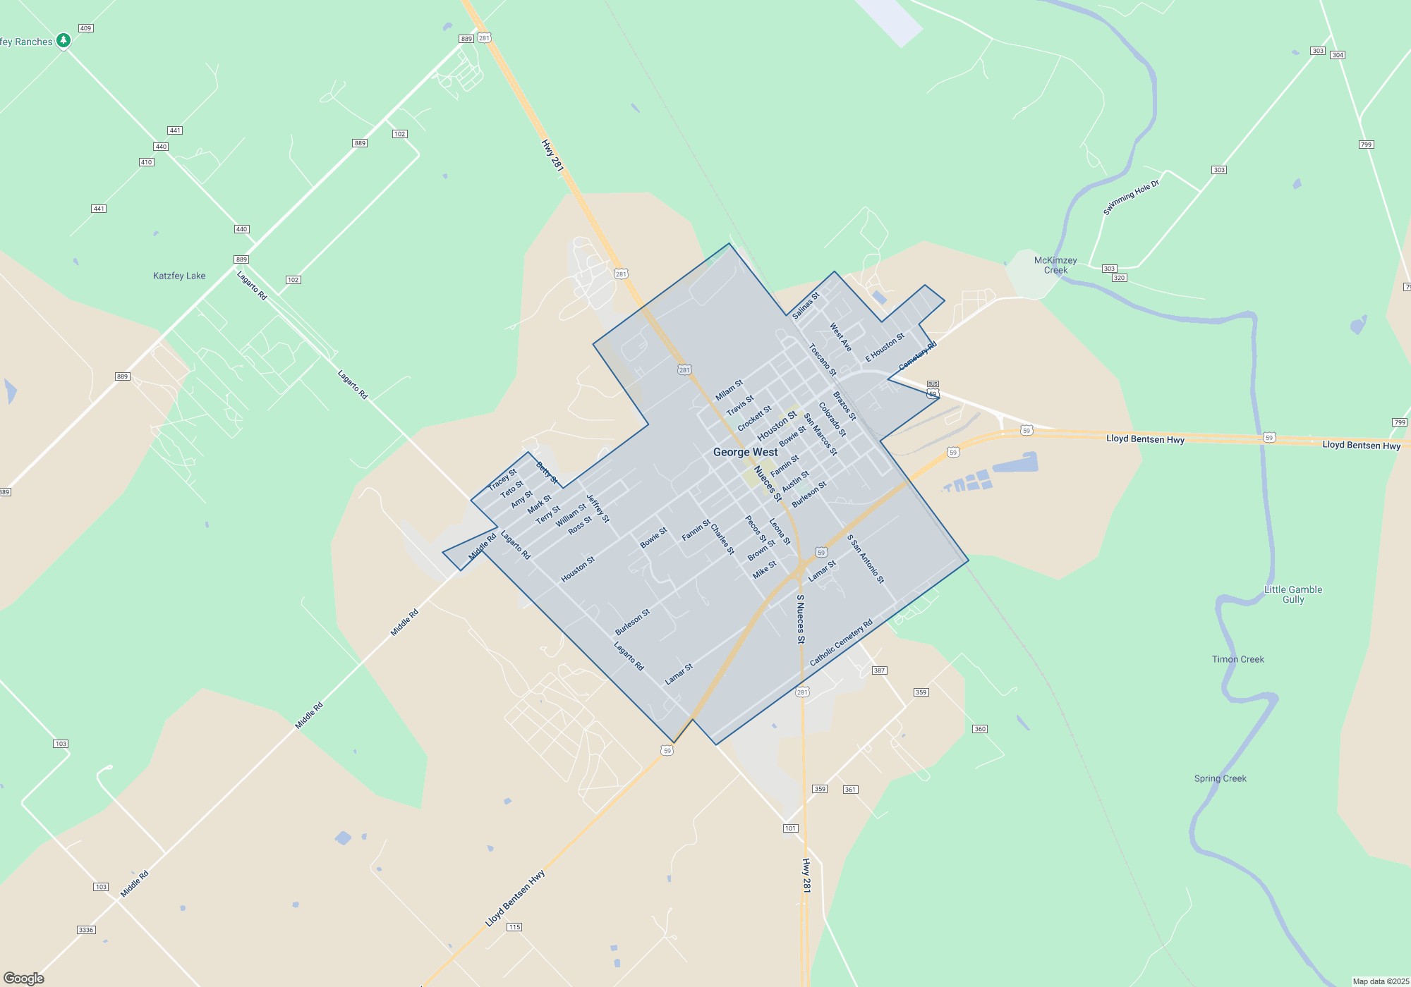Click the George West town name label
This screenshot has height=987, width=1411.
coord(745,452)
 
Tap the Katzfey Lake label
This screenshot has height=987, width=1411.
coord(179,276)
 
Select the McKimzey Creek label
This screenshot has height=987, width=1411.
coord(1055,265)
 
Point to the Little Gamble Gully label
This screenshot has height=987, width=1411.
coord(1293,594)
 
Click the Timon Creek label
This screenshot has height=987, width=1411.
coord(1238,659)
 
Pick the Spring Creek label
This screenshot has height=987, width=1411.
coord(1221,778)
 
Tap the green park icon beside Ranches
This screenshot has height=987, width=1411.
coord(63,40)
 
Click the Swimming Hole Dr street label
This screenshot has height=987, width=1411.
coord(1131,197)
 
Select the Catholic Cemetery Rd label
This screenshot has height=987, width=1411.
coord(841,642)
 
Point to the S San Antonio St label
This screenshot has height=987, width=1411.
coord(866,559)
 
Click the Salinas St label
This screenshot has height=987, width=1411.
coord(806,305)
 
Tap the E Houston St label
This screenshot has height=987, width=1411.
coord(885,347)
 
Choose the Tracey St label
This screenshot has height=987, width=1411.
coord(502,480)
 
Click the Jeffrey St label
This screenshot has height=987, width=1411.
coord(598,508)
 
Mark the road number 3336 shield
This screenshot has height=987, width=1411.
coord(86,930)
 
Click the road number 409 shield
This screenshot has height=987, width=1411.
coord(86,28)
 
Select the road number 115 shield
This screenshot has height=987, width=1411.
coord(514,927)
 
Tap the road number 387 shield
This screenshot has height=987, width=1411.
coord(879,670)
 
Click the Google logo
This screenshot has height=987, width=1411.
coord(24,978)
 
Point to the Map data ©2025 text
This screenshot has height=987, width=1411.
coord(1381,981)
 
